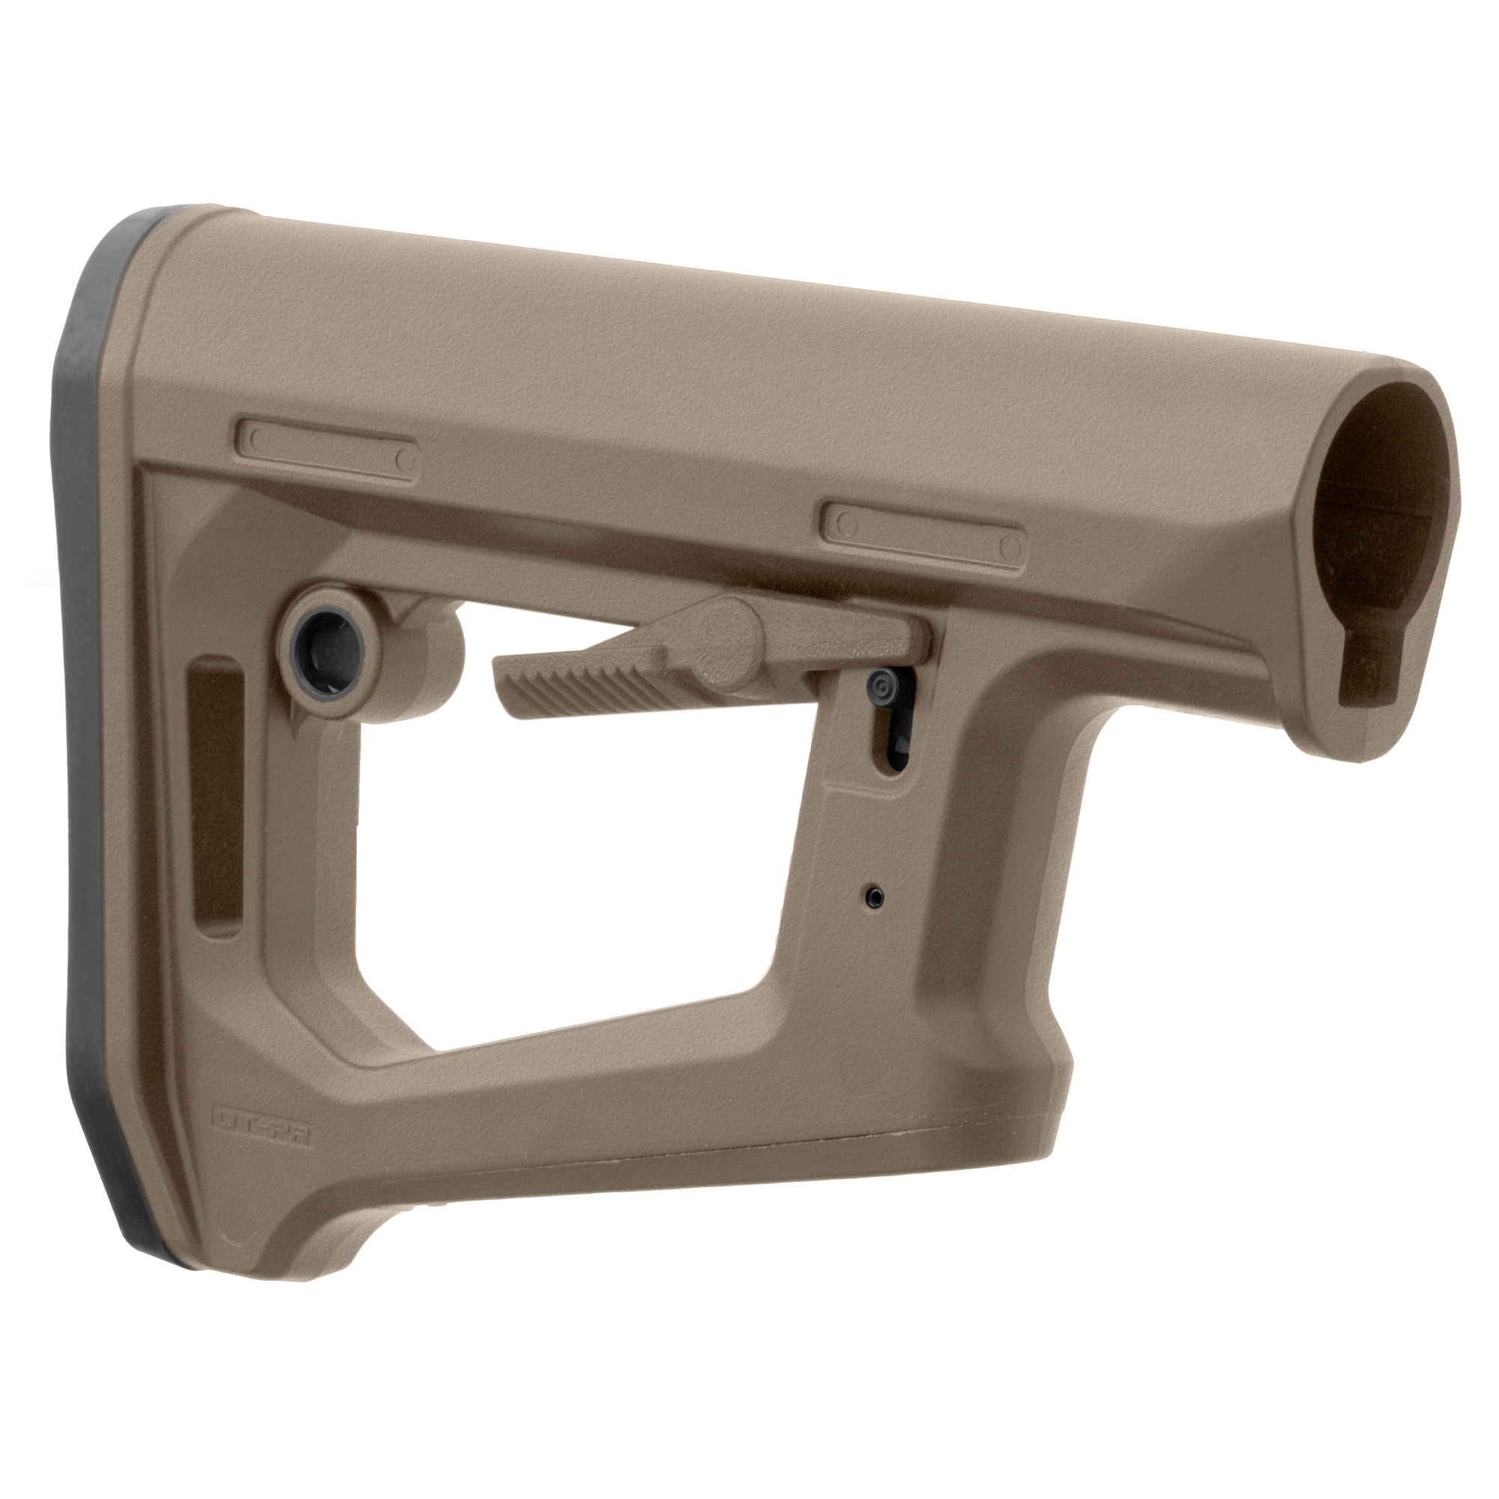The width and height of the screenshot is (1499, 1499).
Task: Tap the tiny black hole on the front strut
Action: point(875,896)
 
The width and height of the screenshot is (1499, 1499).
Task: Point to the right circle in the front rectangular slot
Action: point(1009,546)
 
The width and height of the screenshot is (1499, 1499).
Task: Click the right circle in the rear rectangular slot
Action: point(404,460)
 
